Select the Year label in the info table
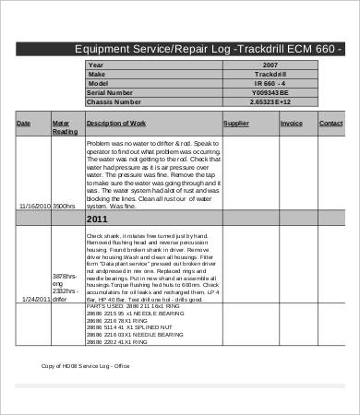pos(96,65)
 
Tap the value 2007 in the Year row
pos(270,65)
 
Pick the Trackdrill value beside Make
pos(270,74)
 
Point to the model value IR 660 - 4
pos(270,83)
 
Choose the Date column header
pos(23,123)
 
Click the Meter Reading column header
pos(63,126)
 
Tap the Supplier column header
pos(236,123)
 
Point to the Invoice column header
pos(291,123)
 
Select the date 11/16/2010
pos(33,207)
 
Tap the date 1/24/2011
pos(35,300)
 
